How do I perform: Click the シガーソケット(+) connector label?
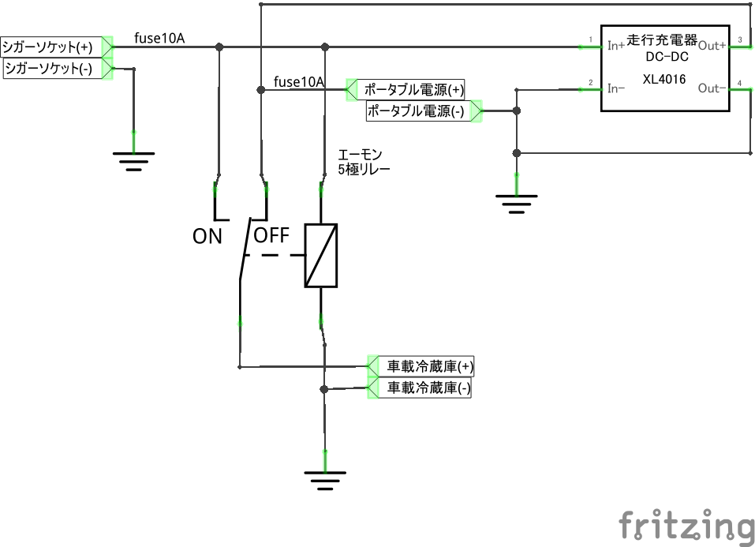pyautogui.click(x=47, y=47)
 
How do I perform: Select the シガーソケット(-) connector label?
pyautogui.click(x=48, y=68)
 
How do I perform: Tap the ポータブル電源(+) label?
pyautogui.click(x=414, y=90)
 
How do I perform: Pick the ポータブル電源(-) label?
pyautogui.click(x=416, y=111)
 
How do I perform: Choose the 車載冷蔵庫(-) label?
pyautogui.click(x=429, y=388)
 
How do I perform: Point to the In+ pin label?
pyautogui.click(x=616, y=46)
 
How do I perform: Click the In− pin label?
pyautogui.click(x=616, y=88)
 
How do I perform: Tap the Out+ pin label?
pyautogui.click(x=712, y=46)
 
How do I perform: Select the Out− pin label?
pyautogui.click(x=712, y=88)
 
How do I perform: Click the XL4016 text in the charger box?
pyautogui.click(x=664, y=79)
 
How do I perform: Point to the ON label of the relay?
pyautogui.click(x=207, y=237)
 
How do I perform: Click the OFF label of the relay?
pyautogui.click(x=271, y=236)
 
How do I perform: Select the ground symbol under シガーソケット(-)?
pyautogui.click(x=134, y=162)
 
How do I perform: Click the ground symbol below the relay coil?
pyautogui.click(x=325, y=481)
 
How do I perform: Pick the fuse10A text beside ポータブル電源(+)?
pyautogui.click(x=298, y=82)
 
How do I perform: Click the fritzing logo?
pyautogui.click(x=686, y=526)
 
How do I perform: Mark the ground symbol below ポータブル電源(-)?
pyautogui.click(x=516, y=204)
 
